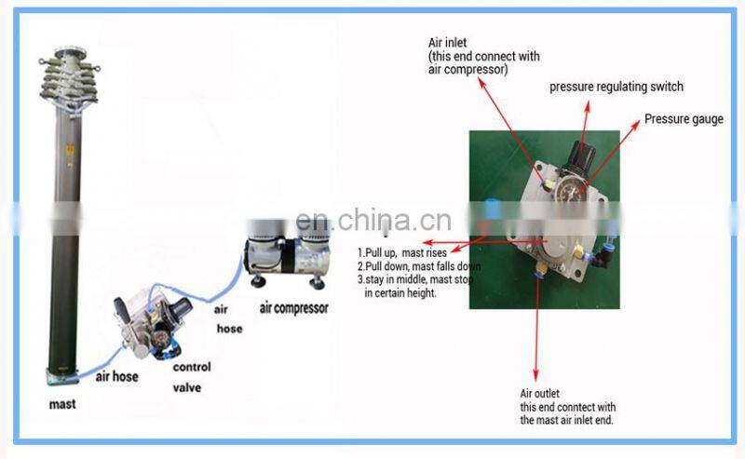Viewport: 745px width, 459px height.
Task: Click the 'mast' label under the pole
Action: [x=63, y=404]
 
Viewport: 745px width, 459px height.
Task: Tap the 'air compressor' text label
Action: [x=293, y=308]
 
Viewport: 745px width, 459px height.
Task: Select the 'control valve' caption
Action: [x=192, y=374]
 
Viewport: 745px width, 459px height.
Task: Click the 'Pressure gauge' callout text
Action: [x=684, y=119]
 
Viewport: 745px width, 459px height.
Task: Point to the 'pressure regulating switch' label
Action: [x=616, y=87]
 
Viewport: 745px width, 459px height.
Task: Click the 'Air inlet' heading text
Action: [x=446, y=43]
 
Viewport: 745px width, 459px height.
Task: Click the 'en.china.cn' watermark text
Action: [x=372, y=221]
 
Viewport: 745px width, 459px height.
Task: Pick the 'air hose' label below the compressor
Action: [x=228, y=319]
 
